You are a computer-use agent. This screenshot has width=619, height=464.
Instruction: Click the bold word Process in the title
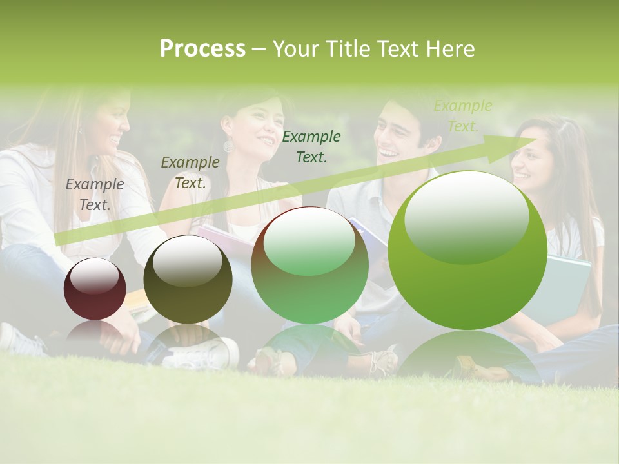click(x=202, y=49)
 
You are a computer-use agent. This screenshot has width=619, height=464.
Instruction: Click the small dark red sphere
click(x=95, y=290)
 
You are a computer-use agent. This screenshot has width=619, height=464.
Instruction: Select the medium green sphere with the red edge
click(x=309, y=266)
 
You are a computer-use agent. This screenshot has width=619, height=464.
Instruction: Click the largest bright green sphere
click(x=467, y=251)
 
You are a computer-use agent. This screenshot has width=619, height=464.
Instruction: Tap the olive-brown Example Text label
click(x=190, y=173)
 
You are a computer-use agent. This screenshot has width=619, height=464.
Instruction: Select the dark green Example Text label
click(x=311, y=146)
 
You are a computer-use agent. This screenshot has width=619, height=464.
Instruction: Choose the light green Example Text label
click(x=462, y=116)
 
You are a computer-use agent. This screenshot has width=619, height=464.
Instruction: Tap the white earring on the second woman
click(x=228, y=147)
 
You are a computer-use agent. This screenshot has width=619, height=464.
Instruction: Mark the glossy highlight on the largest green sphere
click(x=466, y=216)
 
